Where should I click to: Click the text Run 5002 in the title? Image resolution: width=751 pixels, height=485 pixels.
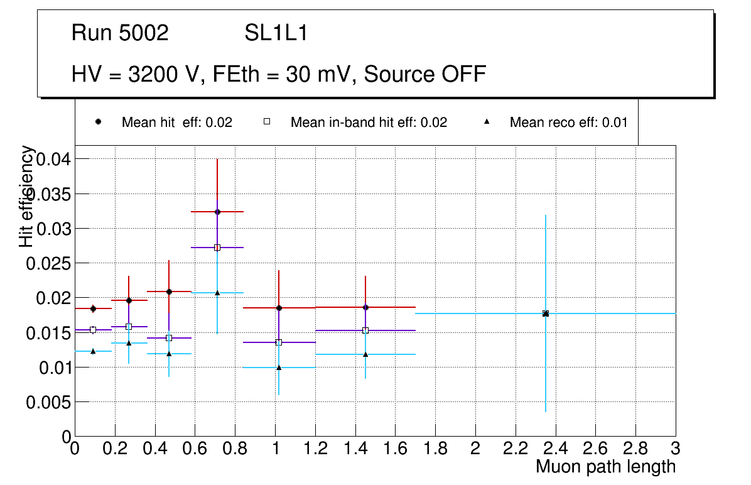(120, 33)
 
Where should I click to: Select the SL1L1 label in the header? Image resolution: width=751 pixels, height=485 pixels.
(276, 33)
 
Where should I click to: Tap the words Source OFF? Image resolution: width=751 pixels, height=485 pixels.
(425, 74)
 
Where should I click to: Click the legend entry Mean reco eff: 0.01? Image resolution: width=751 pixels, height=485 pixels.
(568, 123)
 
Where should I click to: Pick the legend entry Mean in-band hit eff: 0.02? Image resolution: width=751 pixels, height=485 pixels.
(369, 123)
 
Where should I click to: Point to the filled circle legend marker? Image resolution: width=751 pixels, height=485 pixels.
(98, 122)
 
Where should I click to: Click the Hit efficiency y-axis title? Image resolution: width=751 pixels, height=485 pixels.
(27, 196)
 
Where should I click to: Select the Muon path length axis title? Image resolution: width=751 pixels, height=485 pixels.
(605, 467)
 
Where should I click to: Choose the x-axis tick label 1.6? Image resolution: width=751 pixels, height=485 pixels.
(395, 449)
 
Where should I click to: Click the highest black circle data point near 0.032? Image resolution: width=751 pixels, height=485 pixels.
(217, 212)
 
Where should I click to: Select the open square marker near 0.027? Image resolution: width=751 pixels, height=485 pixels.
(217, 248)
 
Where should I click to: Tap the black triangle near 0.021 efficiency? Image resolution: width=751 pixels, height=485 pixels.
(217, 293)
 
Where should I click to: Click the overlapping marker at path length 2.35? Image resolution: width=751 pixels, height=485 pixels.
(546, 313)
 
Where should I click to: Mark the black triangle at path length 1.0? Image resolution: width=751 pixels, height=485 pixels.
(279, 368)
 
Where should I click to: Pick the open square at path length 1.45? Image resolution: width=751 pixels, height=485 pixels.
(365, 330)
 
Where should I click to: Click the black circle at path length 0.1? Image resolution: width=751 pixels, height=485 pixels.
(93, 308)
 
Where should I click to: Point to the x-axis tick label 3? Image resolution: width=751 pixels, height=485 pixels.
(676, 449)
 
